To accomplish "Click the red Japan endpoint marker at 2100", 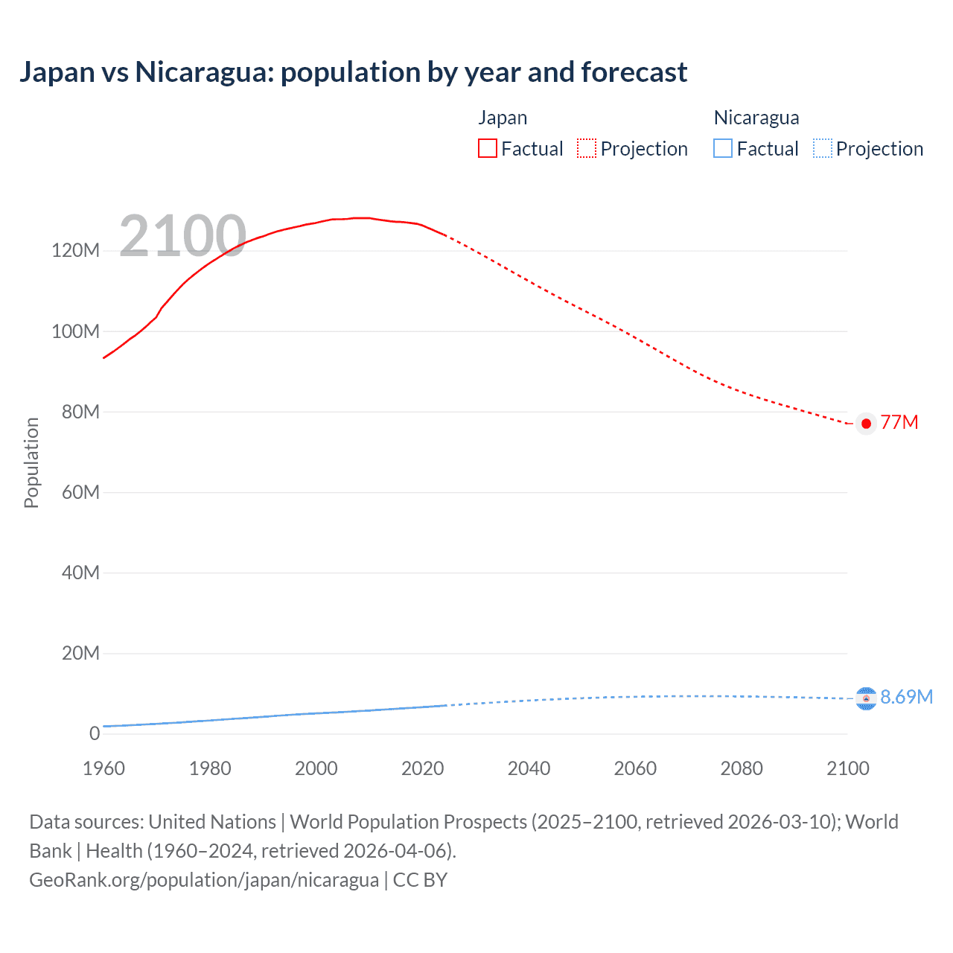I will click(x=866, y=424).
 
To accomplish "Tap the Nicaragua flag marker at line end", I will click(x=866, y=698).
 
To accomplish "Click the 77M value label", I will click(x=899, y=423).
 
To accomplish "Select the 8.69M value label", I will click(x=906, y=697).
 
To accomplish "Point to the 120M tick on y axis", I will click(x=75, y=251).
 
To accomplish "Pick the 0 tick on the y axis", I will click(x=95, y=733).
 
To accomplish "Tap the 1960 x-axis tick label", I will click(x=103, y=768).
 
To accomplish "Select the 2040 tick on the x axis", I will click(x=529, y=768).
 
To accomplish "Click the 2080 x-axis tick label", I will click(x=742, y=768).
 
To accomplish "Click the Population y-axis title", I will click(x=31, y=462).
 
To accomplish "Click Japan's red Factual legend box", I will click(x=488, y=149).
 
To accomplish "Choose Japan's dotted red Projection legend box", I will click(x=587, y=149).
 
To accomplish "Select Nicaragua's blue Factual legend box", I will click(x=723, y=149).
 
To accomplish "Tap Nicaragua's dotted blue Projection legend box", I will click(x=822, y=149).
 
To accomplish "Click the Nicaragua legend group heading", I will click(x=756, y=118).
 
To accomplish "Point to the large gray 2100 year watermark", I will click(x=182, y=236).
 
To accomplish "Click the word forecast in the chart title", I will click(x=634, y=72).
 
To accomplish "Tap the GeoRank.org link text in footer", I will click(x=204, y=880).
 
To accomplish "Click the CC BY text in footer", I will click(x=420, y=880).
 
